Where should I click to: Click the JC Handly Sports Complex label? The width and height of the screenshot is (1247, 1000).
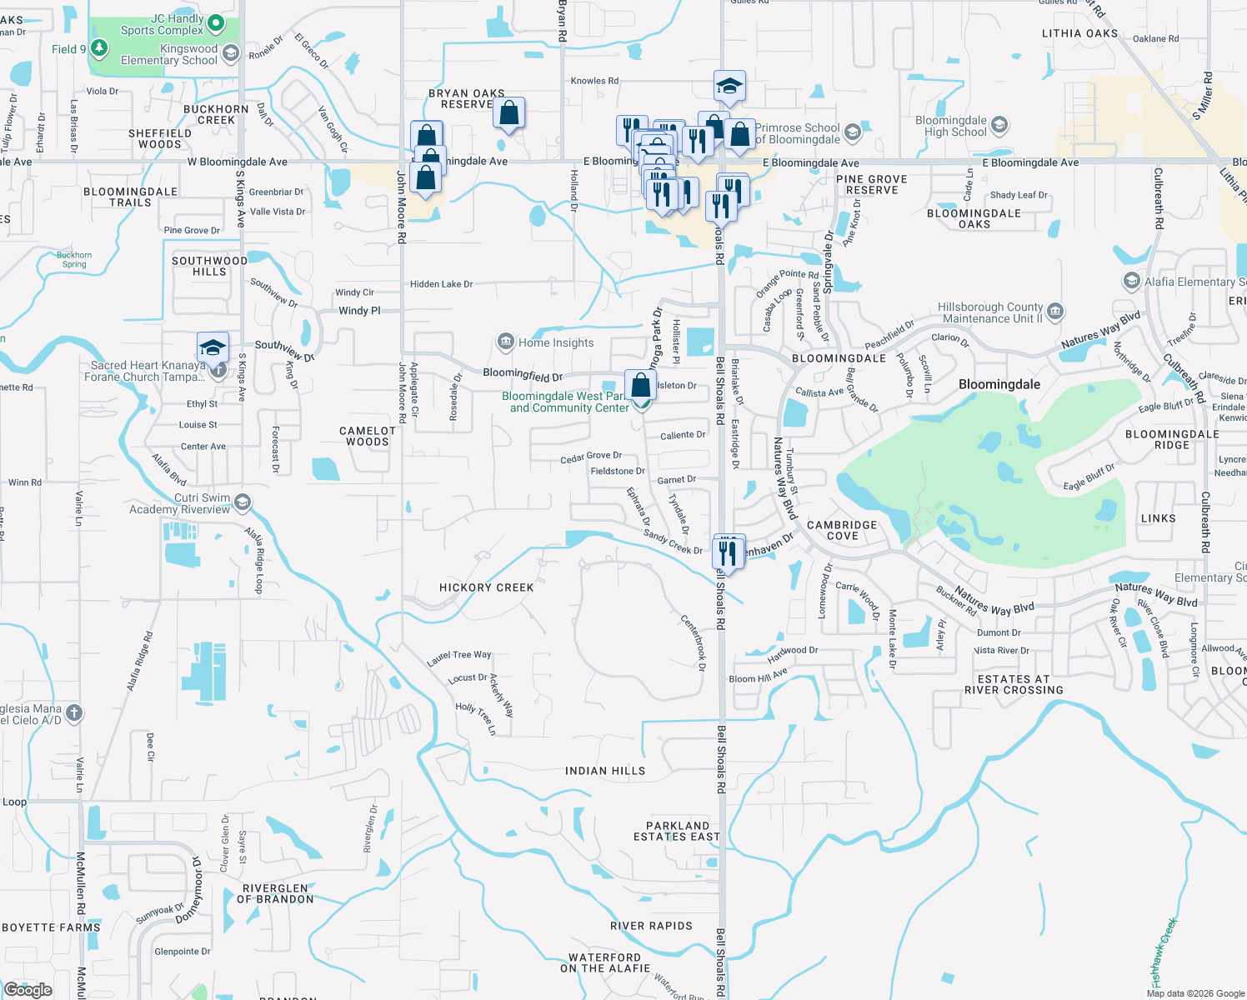point(163,25)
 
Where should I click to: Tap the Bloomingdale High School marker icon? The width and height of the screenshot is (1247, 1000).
point(999,126)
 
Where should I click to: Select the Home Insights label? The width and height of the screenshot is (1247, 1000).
point(556,342)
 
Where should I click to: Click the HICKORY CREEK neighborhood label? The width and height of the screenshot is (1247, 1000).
point(486,587)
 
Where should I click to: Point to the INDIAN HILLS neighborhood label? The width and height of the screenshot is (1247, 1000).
point(605,771)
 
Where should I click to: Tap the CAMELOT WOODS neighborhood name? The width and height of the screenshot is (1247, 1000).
point(368,436)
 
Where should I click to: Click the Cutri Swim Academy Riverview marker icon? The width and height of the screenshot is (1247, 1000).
point(243,502)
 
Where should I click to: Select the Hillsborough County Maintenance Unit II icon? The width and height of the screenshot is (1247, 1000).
point(1054,312)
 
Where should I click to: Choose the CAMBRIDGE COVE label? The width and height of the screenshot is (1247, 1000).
point(842,530)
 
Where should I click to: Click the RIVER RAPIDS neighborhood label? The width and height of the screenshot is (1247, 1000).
point(651,926)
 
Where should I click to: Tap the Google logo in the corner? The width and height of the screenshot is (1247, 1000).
point(28,989)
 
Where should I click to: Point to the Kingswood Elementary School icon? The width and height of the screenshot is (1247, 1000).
point(231,53)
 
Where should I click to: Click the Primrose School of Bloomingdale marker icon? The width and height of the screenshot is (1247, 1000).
point(852,132)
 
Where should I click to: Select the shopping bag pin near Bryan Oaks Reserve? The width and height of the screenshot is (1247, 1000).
point(508,113)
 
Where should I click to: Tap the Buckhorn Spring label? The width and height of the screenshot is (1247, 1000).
point(74,260)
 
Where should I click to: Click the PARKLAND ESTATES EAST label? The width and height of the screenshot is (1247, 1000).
point(676,831)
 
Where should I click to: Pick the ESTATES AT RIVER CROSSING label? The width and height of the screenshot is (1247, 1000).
point(1014,684)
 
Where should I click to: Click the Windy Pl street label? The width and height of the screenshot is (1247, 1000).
point(359,311)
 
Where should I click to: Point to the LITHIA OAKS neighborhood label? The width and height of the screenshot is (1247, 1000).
point(1079,33)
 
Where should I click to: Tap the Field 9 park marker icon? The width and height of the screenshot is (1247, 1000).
point(99,48)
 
